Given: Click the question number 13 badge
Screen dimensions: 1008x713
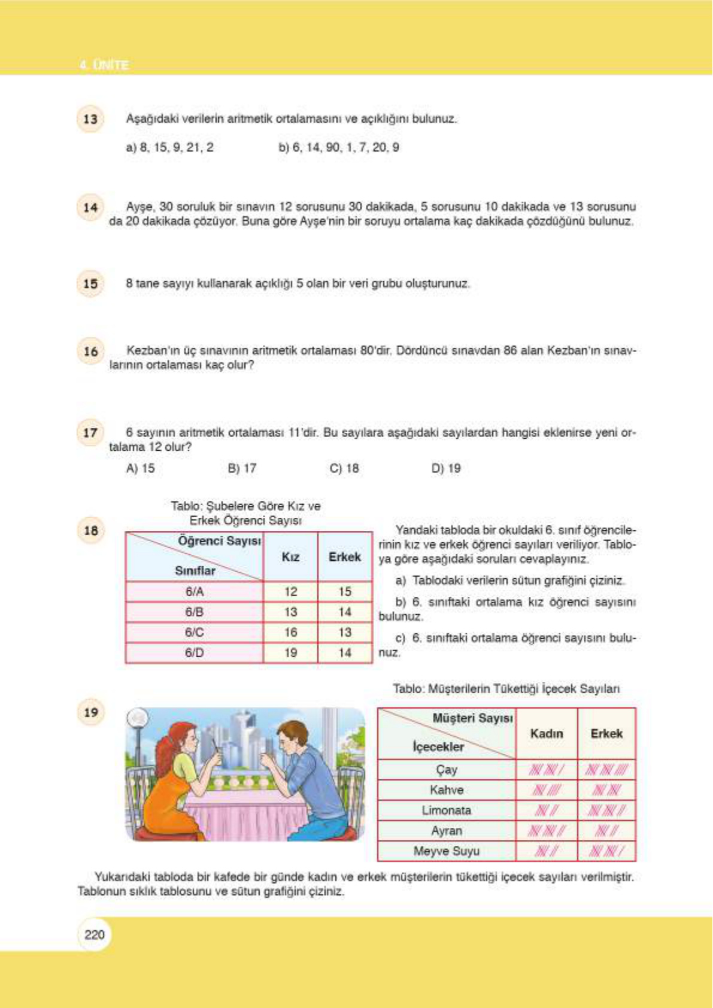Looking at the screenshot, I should point(90,119).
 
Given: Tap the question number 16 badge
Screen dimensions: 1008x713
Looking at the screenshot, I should point(90,351).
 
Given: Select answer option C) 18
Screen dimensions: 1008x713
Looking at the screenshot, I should point(344,469).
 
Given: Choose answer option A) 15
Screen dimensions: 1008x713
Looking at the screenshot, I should point(140,469).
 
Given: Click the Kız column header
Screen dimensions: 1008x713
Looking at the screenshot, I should point(290,557).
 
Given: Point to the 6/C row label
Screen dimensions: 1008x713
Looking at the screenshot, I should point(194,633).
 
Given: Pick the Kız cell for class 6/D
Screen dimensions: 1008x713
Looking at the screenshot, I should point(290,653).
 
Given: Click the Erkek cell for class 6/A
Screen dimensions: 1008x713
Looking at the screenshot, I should point(345,592).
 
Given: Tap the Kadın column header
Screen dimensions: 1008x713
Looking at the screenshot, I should point(547,734).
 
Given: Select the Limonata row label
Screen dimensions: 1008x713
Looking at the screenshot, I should point(446,810).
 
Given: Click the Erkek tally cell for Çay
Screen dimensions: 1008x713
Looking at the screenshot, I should point(606,770).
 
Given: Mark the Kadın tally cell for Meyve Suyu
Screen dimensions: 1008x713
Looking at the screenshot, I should point(546,851).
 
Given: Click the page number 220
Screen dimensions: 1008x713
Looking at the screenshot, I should point(95,935).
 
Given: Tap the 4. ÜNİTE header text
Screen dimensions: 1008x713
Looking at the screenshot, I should point(104,65).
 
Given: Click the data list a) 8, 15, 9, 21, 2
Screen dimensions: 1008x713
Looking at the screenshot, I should point(169,148).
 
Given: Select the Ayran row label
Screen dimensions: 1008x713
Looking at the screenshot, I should point(446,831).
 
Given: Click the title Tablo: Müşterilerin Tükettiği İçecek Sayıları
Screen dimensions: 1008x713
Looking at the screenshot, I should point(506,689).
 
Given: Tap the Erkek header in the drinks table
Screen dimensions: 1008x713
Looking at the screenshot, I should point(606,734).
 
